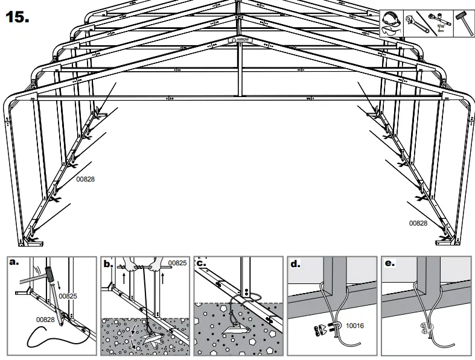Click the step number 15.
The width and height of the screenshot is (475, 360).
[17, 16]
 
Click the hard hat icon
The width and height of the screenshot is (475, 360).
[391, 16]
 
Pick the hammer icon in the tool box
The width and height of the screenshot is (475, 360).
[462, 22]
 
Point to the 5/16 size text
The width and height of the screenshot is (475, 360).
[441, 28]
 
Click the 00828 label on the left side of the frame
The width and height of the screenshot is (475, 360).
[86, 179]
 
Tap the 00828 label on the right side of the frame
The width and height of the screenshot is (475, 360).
[418, 223]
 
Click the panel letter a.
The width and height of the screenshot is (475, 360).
[13, 264]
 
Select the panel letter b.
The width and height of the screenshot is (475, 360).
[109, 264]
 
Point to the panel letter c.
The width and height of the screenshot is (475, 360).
[202, 264]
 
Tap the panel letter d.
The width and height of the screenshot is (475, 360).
[295, 264]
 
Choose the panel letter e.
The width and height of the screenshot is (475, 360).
[389, 264]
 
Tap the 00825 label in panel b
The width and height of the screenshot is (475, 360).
[177, 264]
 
